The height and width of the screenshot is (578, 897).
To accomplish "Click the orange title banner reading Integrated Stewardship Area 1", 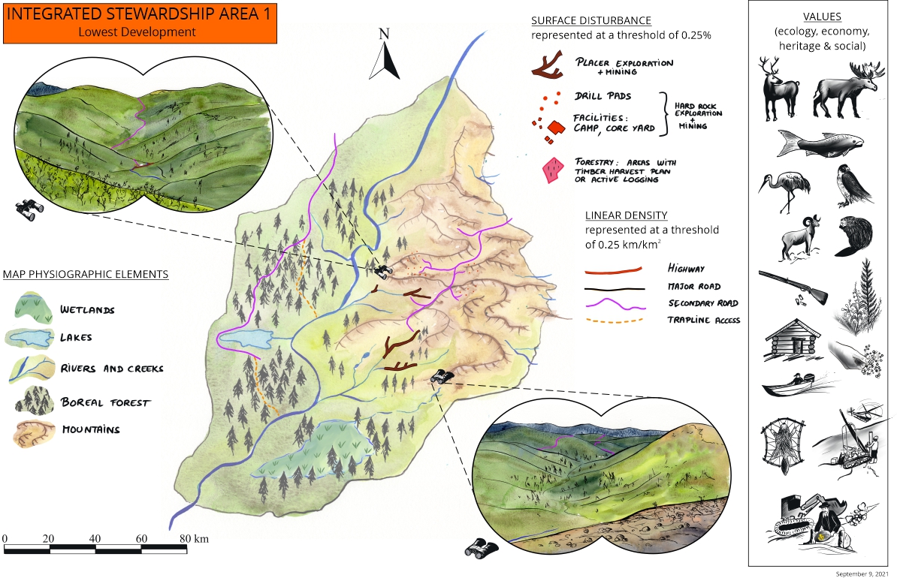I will (x=140, y=22).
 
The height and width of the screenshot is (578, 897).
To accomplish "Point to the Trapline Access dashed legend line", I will (x=615, y=321).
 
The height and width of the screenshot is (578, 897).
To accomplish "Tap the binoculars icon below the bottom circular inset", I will (x=478, y=548).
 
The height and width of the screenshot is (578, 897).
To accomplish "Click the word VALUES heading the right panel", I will (x=821, y=17).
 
